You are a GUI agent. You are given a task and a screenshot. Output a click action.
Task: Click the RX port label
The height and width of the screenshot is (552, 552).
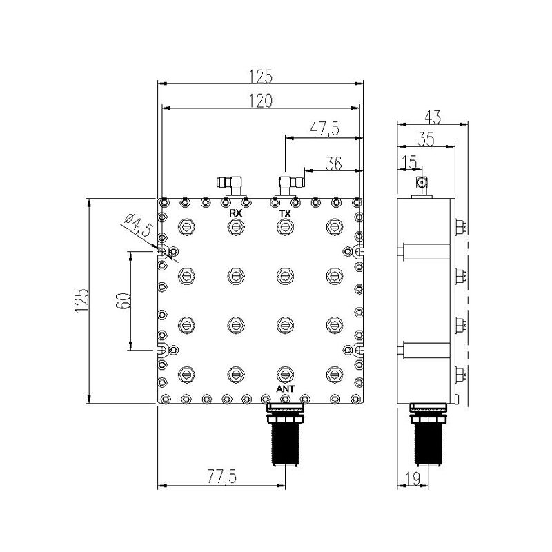point(235,213)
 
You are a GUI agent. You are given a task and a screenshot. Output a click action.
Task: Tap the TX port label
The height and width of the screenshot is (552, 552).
point(285,213)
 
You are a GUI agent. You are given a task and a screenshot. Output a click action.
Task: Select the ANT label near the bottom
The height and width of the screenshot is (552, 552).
point(285,389)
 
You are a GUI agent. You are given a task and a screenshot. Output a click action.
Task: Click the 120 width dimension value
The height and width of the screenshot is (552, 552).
point(261,101)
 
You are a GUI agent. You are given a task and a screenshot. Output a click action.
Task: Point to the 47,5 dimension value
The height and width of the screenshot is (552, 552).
point(324,129)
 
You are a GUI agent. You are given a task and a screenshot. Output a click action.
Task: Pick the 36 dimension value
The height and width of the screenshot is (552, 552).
point(334,164)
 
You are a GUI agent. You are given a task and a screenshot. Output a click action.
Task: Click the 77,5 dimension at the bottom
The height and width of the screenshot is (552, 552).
point(221,477)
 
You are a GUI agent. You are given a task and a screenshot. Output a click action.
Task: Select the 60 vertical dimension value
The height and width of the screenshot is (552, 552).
point(124,300)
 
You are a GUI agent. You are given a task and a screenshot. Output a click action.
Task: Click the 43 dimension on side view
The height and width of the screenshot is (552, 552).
point(433,117)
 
